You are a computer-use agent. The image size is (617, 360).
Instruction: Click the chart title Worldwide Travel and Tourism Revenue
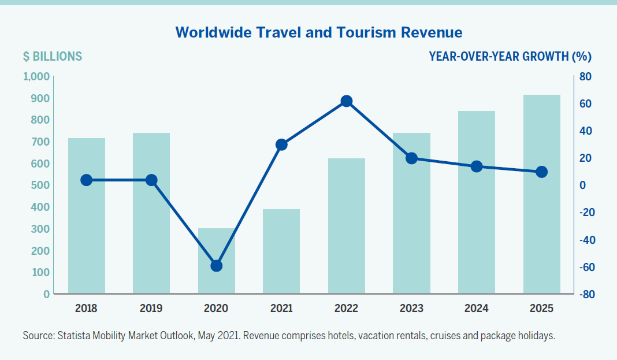click(x=319, y=32)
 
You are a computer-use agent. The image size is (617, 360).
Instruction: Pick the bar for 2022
click(x=347, y=231)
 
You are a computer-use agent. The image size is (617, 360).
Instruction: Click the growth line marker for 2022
click(x=347, y=102)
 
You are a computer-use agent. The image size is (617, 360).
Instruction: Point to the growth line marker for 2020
click(x=217, y=266)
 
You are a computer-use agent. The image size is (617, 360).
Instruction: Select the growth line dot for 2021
click(x=281, y=144)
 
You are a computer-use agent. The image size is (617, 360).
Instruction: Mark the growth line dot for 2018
click(x=87, y=180)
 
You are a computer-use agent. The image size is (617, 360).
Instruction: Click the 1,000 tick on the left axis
click(x=37, y=77)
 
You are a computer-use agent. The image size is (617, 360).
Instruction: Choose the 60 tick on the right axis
click(x=585, y=104)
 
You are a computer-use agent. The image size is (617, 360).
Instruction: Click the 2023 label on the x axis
click(x=411, y=309)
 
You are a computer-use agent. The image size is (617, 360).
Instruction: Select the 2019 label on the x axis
click(x=151, y=309)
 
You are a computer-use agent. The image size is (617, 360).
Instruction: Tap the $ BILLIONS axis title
click(x=53, y=57)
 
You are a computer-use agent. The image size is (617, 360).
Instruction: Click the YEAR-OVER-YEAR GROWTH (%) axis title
click(x=510, y=57)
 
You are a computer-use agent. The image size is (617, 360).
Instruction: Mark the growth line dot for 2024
click(x=477, y=166)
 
